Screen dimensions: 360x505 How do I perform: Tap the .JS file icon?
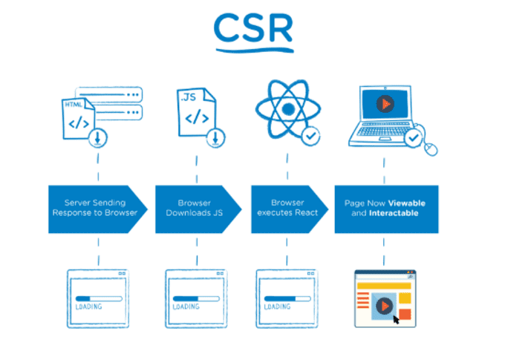click(195, 111)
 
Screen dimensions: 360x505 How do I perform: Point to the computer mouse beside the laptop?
click(430, 148)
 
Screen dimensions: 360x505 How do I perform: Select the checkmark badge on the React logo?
click(310, 136)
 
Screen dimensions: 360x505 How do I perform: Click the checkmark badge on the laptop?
click(412, 137)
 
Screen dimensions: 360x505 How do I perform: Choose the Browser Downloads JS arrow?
click(195, 208)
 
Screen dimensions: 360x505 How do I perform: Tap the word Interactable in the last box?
click(393, 214)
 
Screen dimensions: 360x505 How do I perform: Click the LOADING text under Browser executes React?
click(277, 307)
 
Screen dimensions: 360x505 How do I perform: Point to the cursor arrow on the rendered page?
click(396, 318)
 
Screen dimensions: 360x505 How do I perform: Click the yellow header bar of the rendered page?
click(385, 284)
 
